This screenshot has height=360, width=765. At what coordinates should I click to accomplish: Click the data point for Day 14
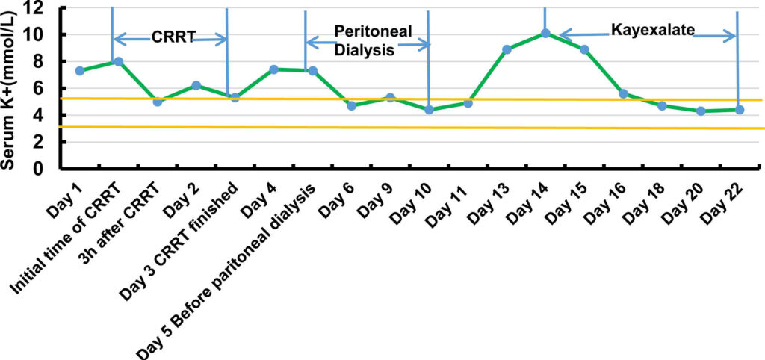coord(545,34)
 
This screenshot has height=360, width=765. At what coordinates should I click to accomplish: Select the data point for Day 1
coord(80,71)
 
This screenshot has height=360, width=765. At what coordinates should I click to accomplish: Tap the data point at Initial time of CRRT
coord(118,61)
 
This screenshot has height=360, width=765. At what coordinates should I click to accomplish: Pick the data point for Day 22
coord(739,110)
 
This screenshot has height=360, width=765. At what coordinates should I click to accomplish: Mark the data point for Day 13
coord(507,49)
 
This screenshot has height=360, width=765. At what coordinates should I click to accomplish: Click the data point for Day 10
coord(429,110)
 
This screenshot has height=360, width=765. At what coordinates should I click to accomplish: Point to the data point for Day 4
coord(273,69)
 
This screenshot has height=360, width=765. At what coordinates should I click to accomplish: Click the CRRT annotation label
coord(173,36)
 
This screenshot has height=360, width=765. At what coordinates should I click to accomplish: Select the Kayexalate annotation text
coord(652,30)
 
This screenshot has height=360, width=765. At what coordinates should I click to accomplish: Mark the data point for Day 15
coord(584,49)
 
